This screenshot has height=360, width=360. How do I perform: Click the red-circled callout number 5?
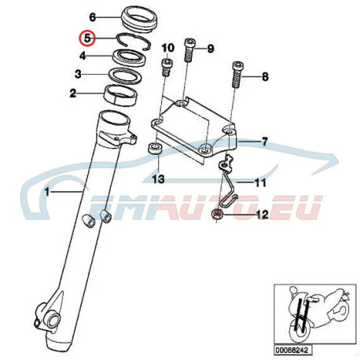[x=87, y=39]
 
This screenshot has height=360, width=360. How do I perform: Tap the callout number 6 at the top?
[x=93, y=17]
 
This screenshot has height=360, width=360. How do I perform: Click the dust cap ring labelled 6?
[x=140, y=19]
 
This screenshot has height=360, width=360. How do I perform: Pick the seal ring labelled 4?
[x=129, y=57]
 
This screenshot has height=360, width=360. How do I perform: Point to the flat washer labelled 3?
[x=125, y=75]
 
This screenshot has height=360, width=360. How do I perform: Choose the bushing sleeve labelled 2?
[x=121, y=94]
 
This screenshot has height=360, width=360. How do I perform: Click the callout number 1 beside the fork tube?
[x=47, y=192]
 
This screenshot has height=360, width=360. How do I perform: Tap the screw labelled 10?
[x=165, y=68]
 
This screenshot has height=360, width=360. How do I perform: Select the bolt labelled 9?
[x=189, y=50]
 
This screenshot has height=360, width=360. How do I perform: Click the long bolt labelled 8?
[x=237, y=75]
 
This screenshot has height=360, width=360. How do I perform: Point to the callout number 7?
[x=265, y=141]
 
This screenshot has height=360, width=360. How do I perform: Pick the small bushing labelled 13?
[x=155, y=149]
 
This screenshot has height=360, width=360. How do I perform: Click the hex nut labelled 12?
[x=217, y=214]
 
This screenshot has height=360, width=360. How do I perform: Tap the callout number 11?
[x=260, y=182]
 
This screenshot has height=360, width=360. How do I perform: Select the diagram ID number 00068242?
[x=293, y=350]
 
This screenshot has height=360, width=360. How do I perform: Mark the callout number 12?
[x=263, y=215]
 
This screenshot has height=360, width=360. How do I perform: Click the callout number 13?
[x=159, y=179]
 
